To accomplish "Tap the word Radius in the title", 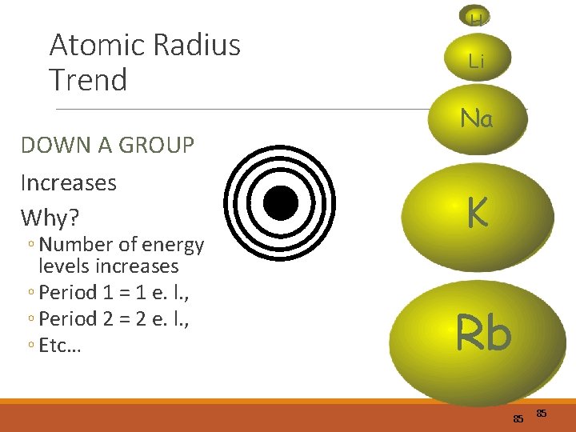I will pyautogui.click(x=197, y=45).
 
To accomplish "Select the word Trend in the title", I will pyautogui.click(x=88, y=80).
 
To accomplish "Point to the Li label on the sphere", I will pyautogui.click(x=477, y=61).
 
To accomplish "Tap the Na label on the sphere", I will pyautogui.click(x=477, y=120).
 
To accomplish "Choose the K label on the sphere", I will pyautogui.click(x=478, y=213).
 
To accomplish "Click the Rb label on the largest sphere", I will pyautogui.click(x=483, y=333).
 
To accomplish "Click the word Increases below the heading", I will pyautogui.click(x=69, y=182).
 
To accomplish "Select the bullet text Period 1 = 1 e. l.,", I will pyautogui.click(x=111, y=292).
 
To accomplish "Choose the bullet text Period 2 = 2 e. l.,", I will pyautogui.click(x=111, y=319).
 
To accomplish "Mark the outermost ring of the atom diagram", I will pyautogui.click(x=228, y=203).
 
